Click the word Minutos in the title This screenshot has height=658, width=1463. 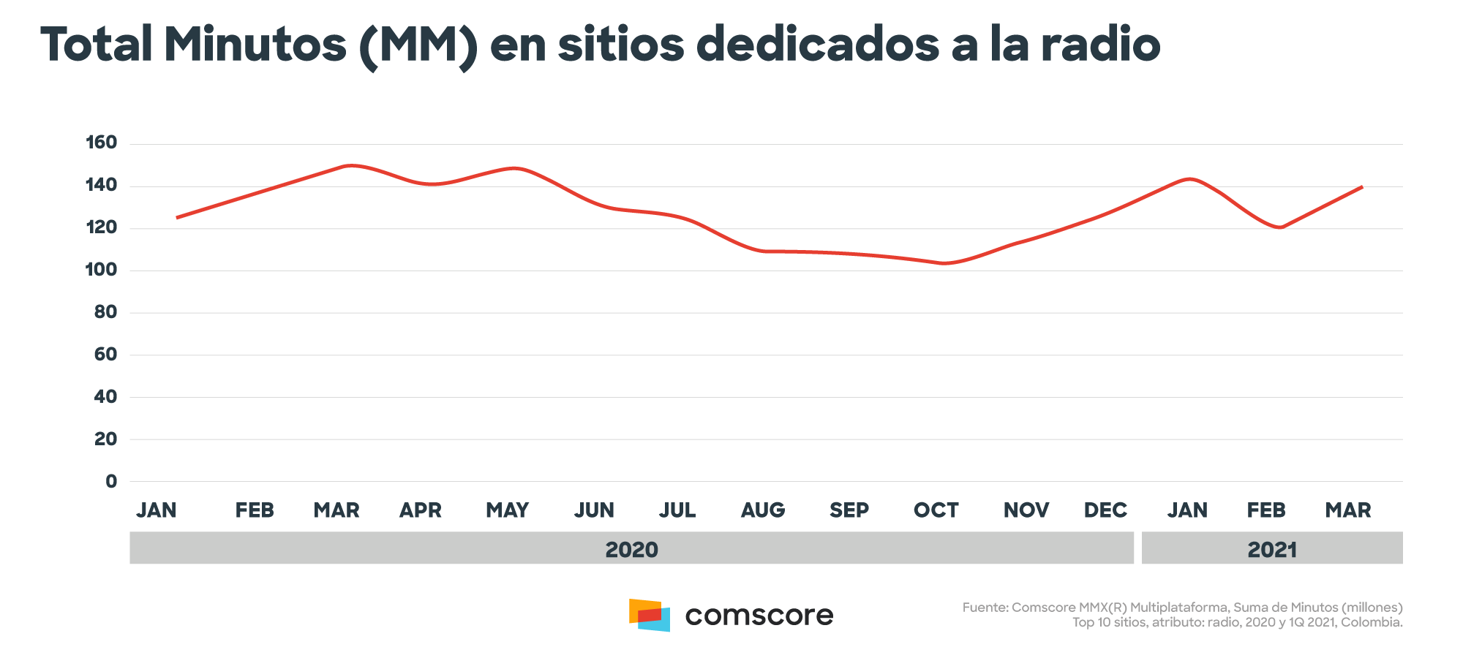(x=255, y=45)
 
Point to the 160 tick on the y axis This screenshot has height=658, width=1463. (x=102, y=143)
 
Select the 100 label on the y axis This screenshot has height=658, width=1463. (x=102, y=270)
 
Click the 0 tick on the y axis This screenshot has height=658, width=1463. (x=111, y=481)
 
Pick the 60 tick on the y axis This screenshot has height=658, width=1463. (x=105, y=355)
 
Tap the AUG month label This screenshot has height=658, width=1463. (x=763, y=510)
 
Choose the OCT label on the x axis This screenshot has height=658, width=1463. (x=936, y=510)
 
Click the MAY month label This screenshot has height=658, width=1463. (x=508, y=510)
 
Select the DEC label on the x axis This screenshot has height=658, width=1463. (x=1105, y=510)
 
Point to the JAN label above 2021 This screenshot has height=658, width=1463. (x=1187, y=510)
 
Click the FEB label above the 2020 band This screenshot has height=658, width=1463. (x=255, y=510)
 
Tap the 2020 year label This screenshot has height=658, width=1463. (x=631, y=549)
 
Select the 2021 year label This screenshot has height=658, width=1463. (x=1272, y=549)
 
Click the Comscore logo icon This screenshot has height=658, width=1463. (x=649, y=615)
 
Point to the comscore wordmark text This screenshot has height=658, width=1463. (x=759, y=616)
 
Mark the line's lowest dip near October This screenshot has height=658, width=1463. (x=944, y=263)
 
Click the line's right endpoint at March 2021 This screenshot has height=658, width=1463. (x=1361, y=187)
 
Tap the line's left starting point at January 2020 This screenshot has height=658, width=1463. (x=177, y=218)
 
